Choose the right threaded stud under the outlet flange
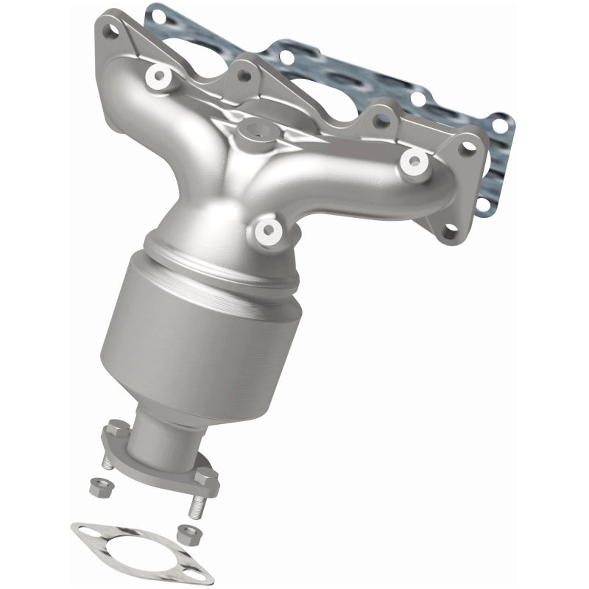198,508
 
